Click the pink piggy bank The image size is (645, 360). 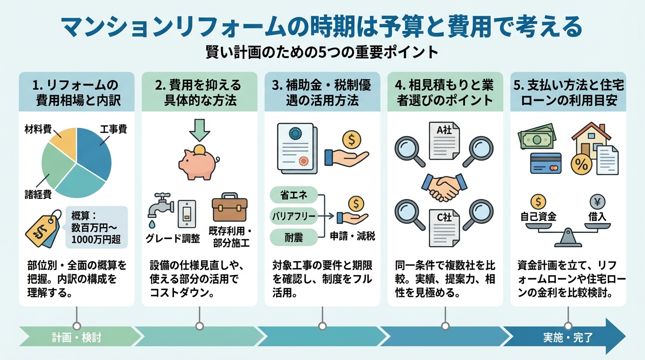pos(199,162)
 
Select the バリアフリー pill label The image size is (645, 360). pos(294,216)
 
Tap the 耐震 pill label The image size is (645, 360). pos(294,237)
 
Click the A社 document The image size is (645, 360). pos(444,141)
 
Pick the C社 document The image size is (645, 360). pos(444,228)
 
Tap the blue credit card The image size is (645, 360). pos(546,163)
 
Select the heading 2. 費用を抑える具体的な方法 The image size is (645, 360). pos(199,92)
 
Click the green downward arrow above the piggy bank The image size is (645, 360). pos(199,130)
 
